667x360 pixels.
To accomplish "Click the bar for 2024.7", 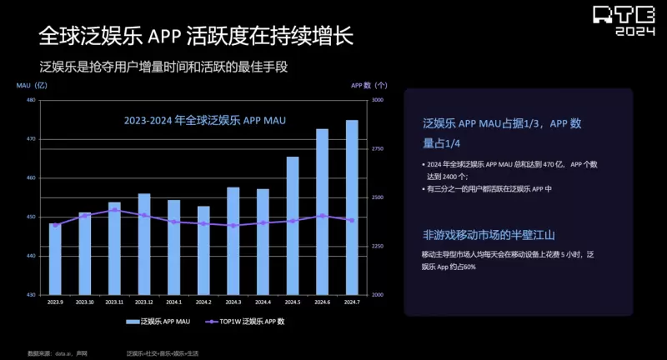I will click(x=352, y=207).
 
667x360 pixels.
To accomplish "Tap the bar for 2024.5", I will click(x=293, y=226).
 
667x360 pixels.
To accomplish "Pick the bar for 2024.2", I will click(x=203, y=250).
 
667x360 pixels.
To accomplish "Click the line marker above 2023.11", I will click(x=114, y=210).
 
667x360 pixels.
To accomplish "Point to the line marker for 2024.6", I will click(x=322, y=216).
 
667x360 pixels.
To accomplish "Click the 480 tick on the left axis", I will click(x=31, y=100).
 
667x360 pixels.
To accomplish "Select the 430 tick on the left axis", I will click(x=31, y=295).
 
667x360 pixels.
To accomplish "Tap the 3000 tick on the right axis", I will click(x=378, y=100).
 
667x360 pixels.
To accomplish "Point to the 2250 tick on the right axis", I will click(x=378, y=247).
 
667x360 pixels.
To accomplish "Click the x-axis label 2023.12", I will click(x=144, y=302).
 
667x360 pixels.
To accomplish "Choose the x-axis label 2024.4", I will click(x=263, y=302).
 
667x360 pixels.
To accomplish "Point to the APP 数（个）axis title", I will click(x=368, y=85).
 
